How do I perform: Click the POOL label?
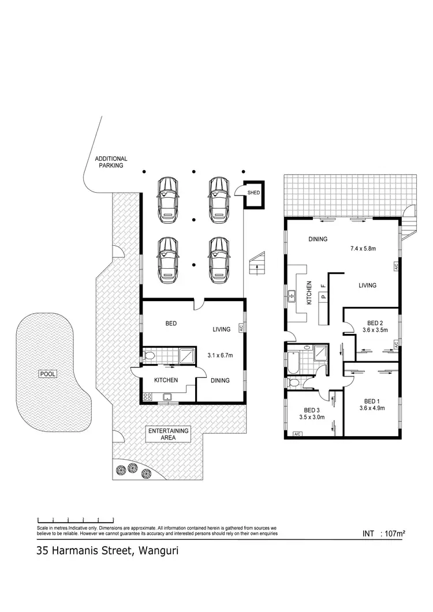pos(47,374)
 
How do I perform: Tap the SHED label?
pos(254,192)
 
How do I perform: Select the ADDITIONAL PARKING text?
pos(111,162)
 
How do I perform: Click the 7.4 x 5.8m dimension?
pos(364,249)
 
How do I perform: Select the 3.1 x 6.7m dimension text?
pos(220,355)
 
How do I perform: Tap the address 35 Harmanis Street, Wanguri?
pos(107,551)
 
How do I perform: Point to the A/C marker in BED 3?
pos(298,434)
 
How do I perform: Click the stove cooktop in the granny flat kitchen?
pos(147,396)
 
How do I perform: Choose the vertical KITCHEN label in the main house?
pos(310,292)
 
